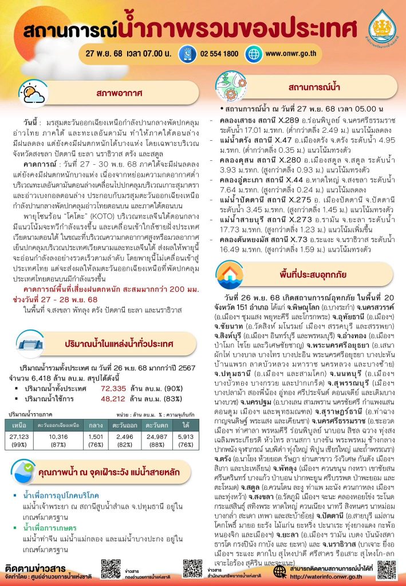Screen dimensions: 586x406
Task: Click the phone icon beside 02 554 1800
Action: click(x=186, y=54)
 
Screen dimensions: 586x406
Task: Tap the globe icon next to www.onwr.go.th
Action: click(x=253, y=54)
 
